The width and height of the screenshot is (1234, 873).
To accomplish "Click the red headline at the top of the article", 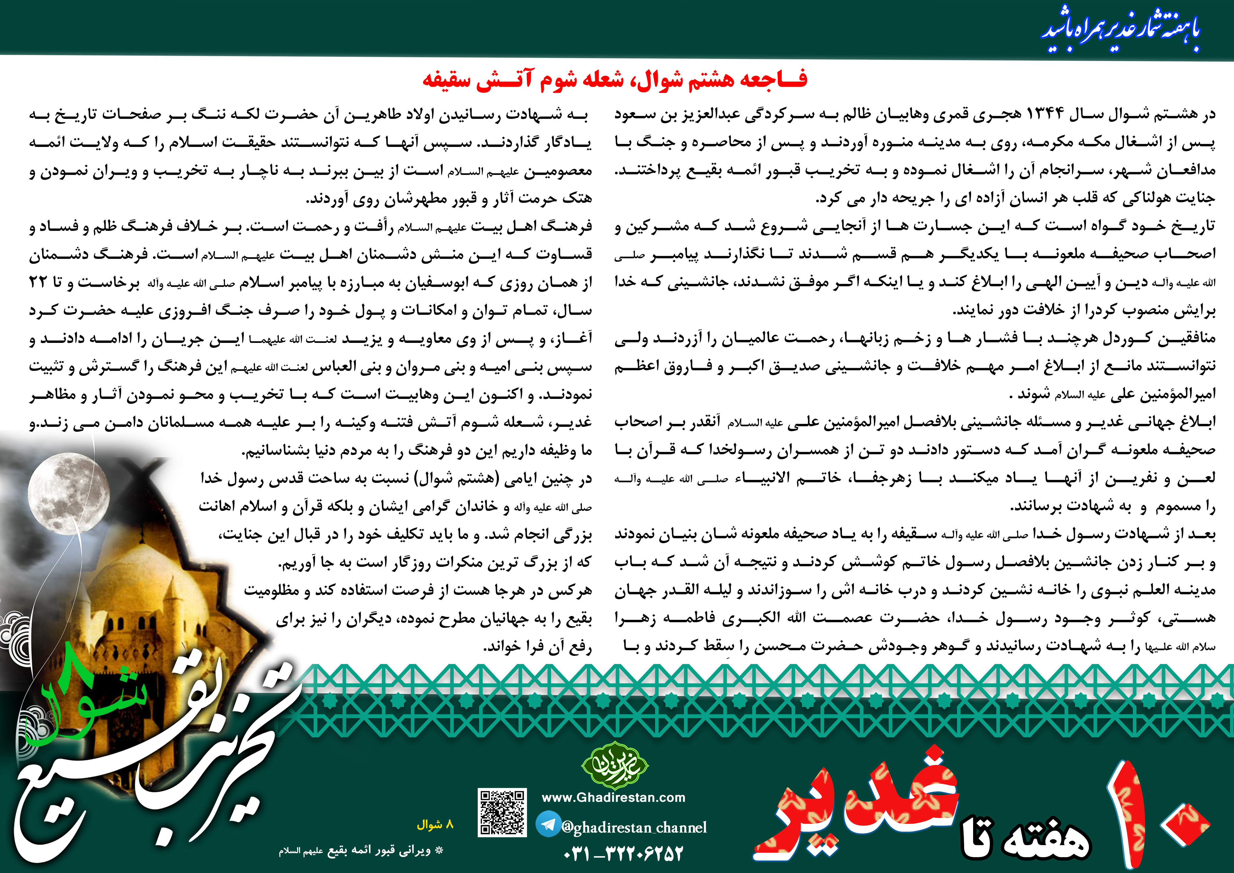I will (x=614, y=80).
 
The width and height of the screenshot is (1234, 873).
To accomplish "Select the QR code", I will (x=502, y=812).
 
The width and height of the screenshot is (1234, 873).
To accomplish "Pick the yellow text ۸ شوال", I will (x=435, y=825).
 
